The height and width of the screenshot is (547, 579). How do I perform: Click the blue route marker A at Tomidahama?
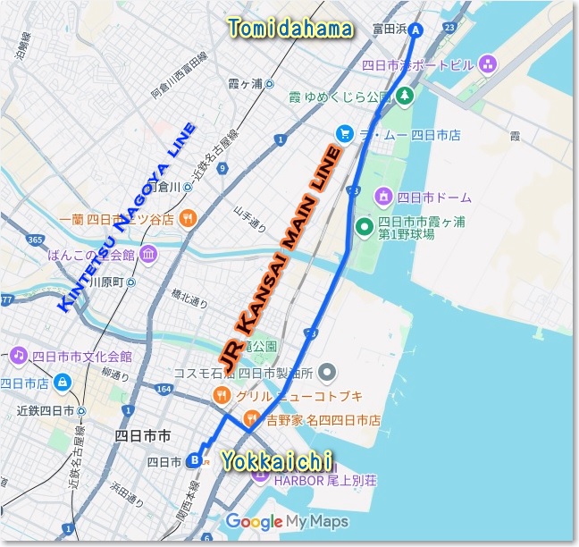click(x=415, y=29)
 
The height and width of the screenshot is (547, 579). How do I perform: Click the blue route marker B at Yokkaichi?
click(x=195, y=461)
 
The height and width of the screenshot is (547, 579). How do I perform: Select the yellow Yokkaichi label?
click(x=278, y=461)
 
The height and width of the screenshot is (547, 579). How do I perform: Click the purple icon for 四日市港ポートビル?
click(x=487, y=63)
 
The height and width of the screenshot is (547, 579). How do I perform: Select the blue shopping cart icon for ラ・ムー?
click(x=344, y=134)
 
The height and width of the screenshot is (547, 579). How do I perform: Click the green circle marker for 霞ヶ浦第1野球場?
click(x=365, y=227)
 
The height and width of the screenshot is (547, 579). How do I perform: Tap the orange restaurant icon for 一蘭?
click(x=187, y=218)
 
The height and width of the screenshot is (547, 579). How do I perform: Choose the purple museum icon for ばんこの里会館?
click(x=147, y=254)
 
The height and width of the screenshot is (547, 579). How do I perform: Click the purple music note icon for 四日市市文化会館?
click(x=17, y=355)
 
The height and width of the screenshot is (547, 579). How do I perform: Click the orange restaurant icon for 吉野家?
click(x=253, y=417)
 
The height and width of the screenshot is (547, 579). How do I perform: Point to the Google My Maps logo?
click(x=287, y=521)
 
